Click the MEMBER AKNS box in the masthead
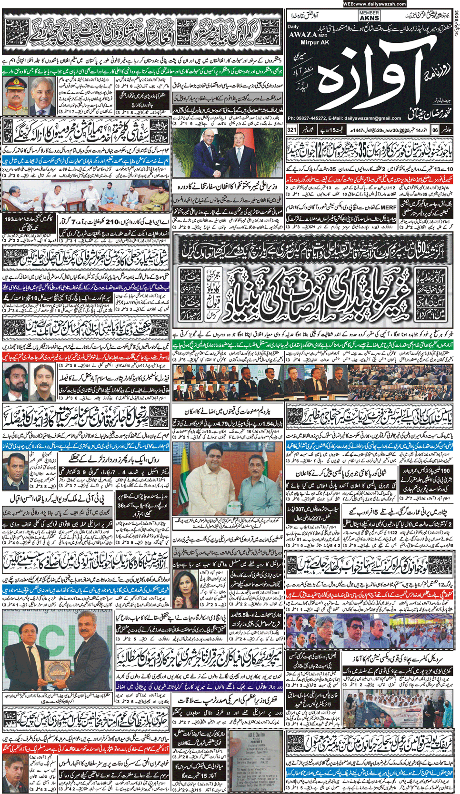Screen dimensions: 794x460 pyautogui.click(x=369, y=16)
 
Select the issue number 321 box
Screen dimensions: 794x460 pyautogui.click(x=292, y=129)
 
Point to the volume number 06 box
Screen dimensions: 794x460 pyautogui.click(x=435, y=129)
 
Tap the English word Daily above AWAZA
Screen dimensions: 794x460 pyautogui.click(x=293, y=27)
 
